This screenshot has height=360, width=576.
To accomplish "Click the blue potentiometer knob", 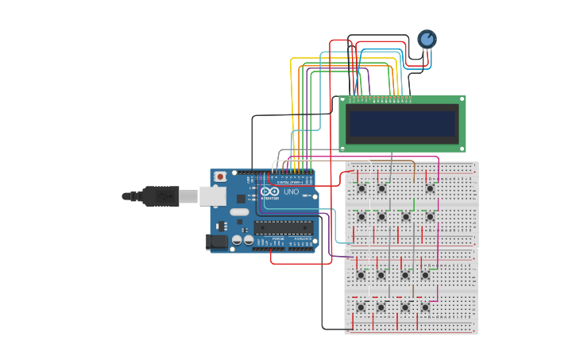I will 427,39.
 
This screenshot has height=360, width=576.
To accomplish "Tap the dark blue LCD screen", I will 403,123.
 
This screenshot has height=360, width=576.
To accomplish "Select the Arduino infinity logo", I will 270,192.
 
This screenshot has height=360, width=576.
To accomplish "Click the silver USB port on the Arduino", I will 212,195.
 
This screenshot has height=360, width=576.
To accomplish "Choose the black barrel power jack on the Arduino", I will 216,242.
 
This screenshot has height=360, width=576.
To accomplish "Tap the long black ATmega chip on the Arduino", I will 284,227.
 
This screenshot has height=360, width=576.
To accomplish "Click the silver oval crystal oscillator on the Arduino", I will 238,212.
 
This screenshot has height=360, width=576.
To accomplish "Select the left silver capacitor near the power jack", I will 237,239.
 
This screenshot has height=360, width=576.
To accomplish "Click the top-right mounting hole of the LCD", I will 462,100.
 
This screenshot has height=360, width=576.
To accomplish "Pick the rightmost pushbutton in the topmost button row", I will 430,188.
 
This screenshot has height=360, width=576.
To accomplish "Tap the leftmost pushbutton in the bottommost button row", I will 361,307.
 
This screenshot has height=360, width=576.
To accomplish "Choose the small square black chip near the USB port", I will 241,198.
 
